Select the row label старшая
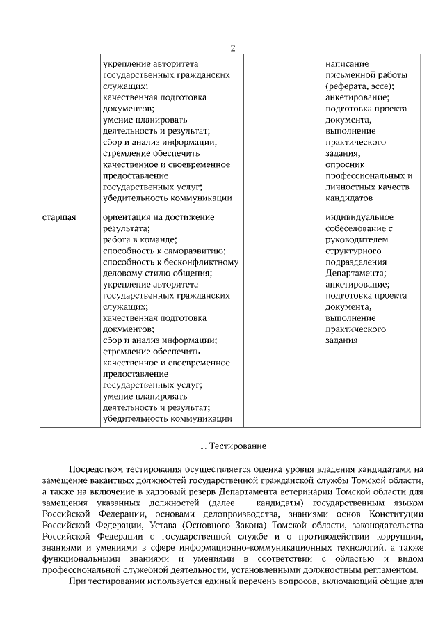(58, 217)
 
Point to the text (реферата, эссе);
(359, 86)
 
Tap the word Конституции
(396, 515)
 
